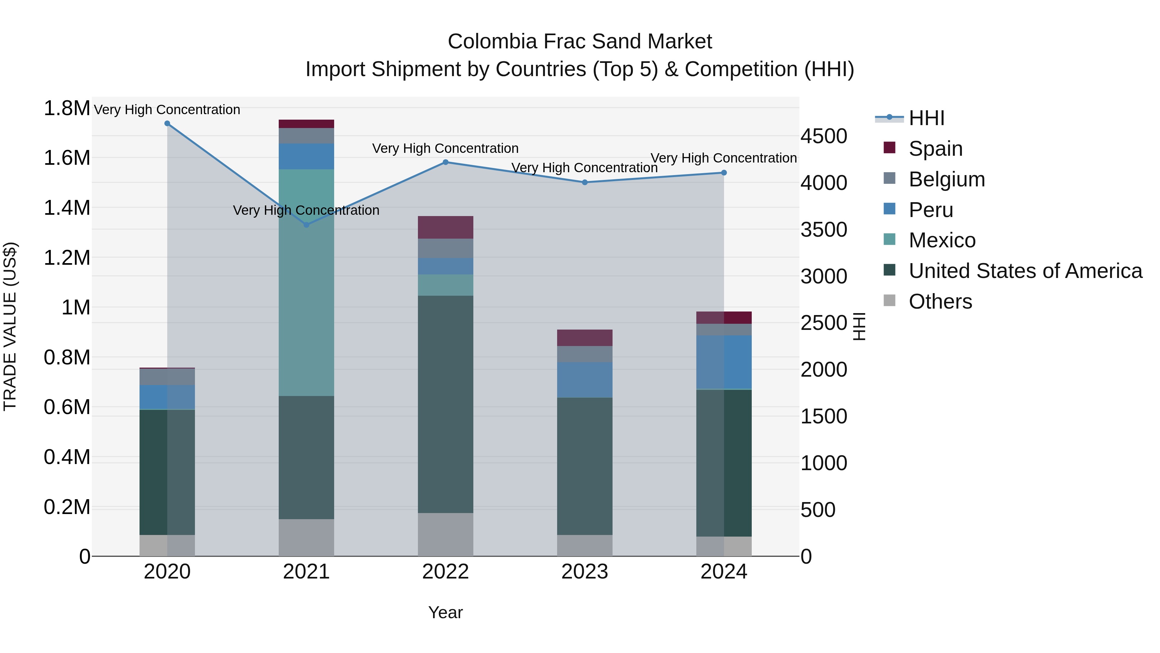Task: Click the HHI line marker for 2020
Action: tap(167, 124)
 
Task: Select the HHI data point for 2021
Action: tap(306, 225)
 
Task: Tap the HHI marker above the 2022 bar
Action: tap(445, 162)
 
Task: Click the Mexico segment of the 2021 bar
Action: tap(306, 282)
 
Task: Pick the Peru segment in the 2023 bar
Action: tap(585, 380)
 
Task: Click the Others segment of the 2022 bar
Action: tap(445, 534)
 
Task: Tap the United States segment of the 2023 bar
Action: tap(585, 466)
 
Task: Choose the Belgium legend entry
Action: tap(947, 179)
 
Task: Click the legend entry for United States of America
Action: tap(1025, 271)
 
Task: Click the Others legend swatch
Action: tap(889, 301)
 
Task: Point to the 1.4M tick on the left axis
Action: tap(67, 208)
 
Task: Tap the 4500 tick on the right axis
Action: tap(824, 136)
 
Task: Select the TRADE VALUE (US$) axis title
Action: tap(10, 326)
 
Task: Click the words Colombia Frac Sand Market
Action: tap(580, 42)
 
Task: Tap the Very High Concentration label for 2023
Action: tap(584, 168)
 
